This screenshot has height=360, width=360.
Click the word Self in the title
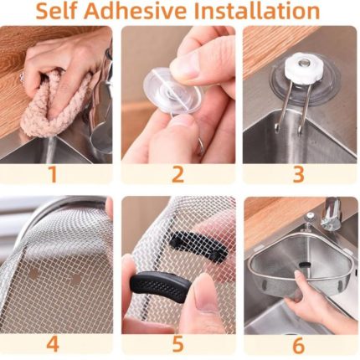[57, 11]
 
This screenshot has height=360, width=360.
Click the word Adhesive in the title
[136, 11]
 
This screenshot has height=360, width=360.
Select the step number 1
[53, 174]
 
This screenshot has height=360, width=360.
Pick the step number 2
[177, 174]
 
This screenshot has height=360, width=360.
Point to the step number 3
[299, 174]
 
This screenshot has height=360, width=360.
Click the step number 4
[53, 343]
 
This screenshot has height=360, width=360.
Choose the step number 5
[177, 344]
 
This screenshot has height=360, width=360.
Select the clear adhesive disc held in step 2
[172, 91]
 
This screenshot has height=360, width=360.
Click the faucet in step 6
[331, 213]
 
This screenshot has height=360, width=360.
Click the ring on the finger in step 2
[200, 147]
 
